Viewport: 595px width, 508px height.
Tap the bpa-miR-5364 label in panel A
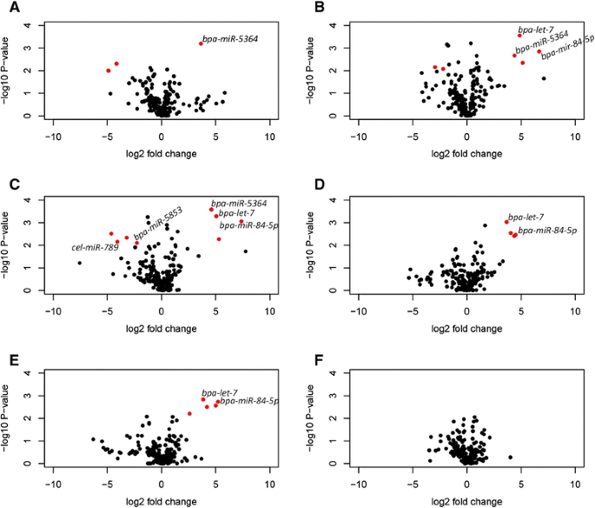[229, 39]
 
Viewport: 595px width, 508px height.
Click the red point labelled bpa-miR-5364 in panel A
[201, 43]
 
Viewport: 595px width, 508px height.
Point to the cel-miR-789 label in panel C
[95, 248]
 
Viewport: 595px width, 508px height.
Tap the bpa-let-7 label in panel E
[219, 393]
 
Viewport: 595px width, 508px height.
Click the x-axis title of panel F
[466, 502]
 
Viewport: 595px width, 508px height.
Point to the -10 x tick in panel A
[54, 137]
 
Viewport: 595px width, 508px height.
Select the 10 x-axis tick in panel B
[574, 137]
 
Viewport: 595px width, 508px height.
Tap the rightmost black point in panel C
[246, 251]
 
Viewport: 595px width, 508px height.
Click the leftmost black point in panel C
[79, 263]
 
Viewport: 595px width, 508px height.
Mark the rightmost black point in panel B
[544, 78]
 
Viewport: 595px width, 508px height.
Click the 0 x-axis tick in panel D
[466, 311]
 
